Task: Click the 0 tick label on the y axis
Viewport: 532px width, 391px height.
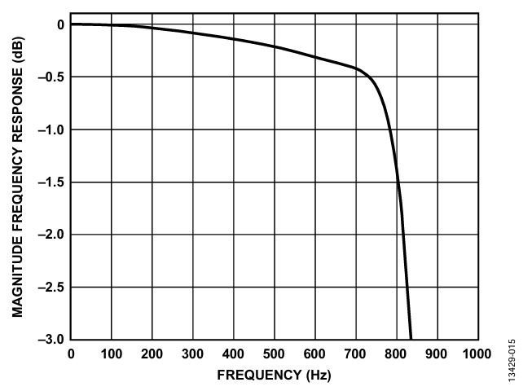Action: pos(61,24)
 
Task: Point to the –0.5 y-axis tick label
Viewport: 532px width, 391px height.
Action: pos(51,77)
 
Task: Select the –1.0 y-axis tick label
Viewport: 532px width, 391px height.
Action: pos(51,130)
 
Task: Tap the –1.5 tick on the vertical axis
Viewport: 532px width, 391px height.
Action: pos(51,182)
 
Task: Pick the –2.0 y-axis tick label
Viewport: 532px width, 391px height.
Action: pos(51,235)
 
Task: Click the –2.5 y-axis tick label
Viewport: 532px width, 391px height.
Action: pos(51,288)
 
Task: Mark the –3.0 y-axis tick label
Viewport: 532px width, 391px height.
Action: pos(51,339)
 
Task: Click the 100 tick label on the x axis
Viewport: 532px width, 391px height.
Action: pos(112,354)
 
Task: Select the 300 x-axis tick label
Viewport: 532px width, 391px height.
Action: pos(193,354)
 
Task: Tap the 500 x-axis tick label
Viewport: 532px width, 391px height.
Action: pos(274,354)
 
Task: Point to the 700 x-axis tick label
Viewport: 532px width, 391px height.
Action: pos(355,354)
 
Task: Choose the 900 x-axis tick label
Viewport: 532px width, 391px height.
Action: pos(437,354)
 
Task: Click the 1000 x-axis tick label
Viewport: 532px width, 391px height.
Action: pos(477,354)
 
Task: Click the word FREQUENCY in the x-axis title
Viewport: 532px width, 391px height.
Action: pos(259,376)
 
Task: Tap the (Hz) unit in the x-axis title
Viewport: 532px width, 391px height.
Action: pos(319,376)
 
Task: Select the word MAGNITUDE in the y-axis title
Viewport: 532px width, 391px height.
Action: pos(17,277)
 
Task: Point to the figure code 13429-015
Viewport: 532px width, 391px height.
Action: pos(512,360)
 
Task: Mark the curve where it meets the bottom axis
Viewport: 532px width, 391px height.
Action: pos(411,339)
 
